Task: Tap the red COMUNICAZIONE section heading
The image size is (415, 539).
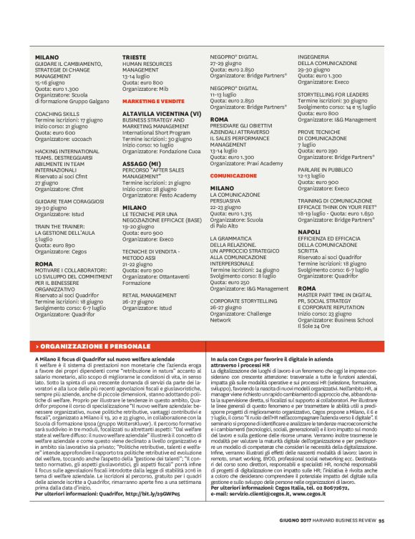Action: (x=233, y=175)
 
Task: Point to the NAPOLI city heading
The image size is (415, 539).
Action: (x=309, y=232)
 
